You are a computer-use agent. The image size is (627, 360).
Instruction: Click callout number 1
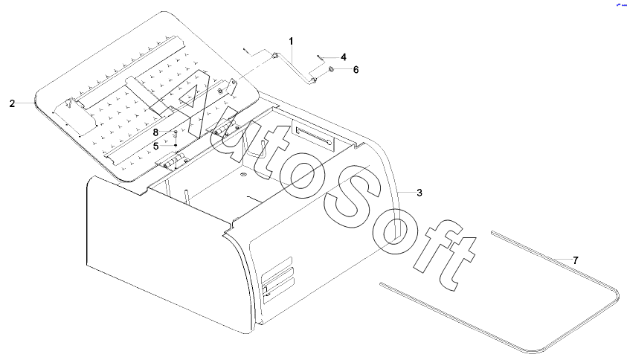pos(291,41)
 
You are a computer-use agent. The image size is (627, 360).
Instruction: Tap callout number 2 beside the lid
pos(12,103)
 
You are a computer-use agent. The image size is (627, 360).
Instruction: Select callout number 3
pos(419,193)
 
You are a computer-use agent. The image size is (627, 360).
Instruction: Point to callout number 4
pos(343,57)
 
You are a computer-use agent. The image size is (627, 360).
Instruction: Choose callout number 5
pos(156,147)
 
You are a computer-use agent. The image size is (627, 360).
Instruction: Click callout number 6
pos(356,70)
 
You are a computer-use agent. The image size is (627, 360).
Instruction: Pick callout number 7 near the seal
pos(576,261)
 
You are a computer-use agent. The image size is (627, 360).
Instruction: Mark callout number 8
pos(156,132)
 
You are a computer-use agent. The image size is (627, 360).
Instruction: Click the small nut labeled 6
pos(332,70)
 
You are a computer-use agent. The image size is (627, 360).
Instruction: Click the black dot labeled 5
pos(175,145)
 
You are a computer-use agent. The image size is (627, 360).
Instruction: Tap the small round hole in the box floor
pos(243,175)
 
